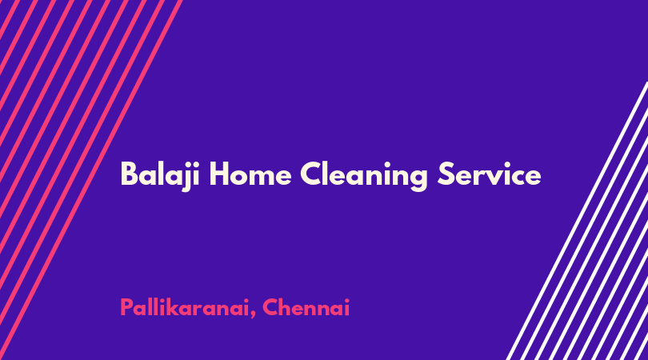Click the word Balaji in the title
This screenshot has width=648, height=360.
click(160, 175)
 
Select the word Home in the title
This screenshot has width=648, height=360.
click(250, 174)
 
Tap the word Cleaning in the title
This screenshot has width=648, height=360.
click(364, 176)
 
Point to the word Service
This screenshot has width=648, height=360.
click(490, 174)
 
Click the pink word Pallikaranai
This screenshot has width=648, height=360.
click(185, 308)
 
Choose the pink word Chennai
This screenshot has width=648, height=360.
click(306, 307)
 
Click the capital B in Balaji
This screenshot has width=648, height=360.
click(129, 174)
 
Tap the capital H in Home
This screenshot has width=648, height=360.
click(219, 174)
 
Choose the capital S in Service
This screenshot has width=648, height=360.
click(446, 174)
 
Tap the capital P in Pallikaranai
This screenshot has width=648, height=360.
click(126, 308)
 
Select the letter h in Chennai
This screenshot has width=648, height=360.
click(286, 307)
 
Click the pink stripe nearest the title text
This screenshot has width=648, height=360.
click(91, 180)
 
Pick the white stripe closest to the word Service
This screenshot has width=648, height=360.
click(577, 221)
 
